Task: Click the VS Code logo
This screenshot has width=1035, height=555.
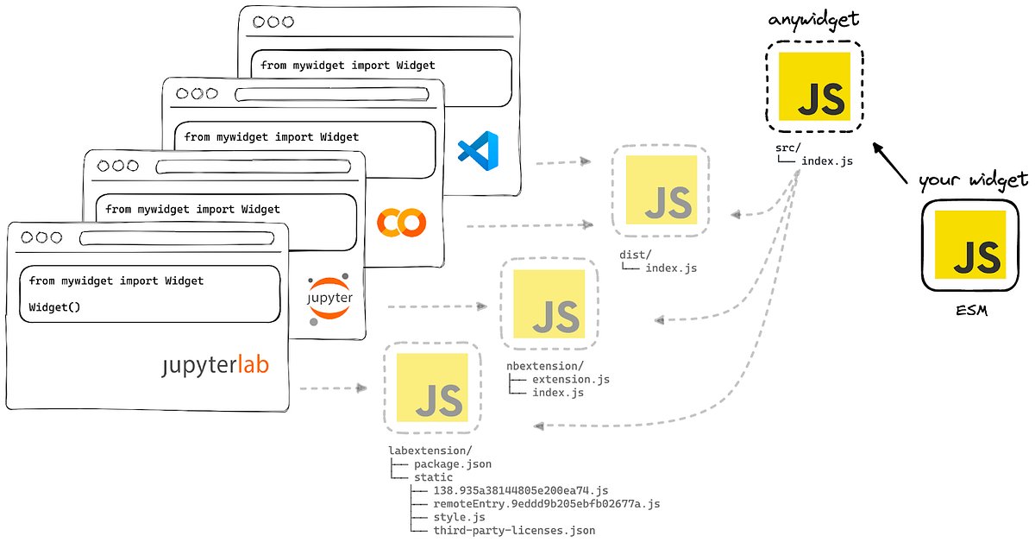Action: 480,151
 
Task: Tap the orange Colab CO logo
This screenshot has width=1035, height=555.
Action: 401,224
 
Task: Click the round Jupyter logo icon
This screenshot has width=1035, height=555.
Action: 329,299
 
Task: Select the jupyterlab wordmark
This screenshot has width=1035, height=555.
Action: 215,366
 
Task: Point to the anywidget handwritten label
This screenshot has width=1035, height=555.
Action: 813,19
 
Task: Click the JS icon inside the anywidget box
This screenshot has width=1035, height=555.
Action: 814,86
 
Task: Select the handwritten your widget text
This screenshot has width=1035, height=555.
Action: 973,180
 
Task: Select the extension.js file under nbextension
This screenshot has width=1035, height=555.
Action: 570,380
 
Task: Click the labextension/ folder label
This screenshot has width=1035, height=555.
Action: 430,451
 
